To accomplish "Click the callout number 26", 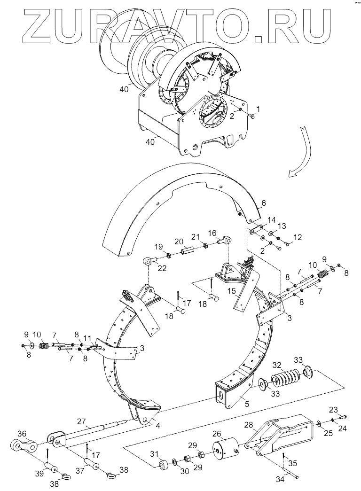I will [x=218, y=434].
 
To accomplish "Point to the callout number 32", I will [x=277, y=365].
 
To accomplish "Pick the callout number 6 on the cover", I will [x=263, y=203].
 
